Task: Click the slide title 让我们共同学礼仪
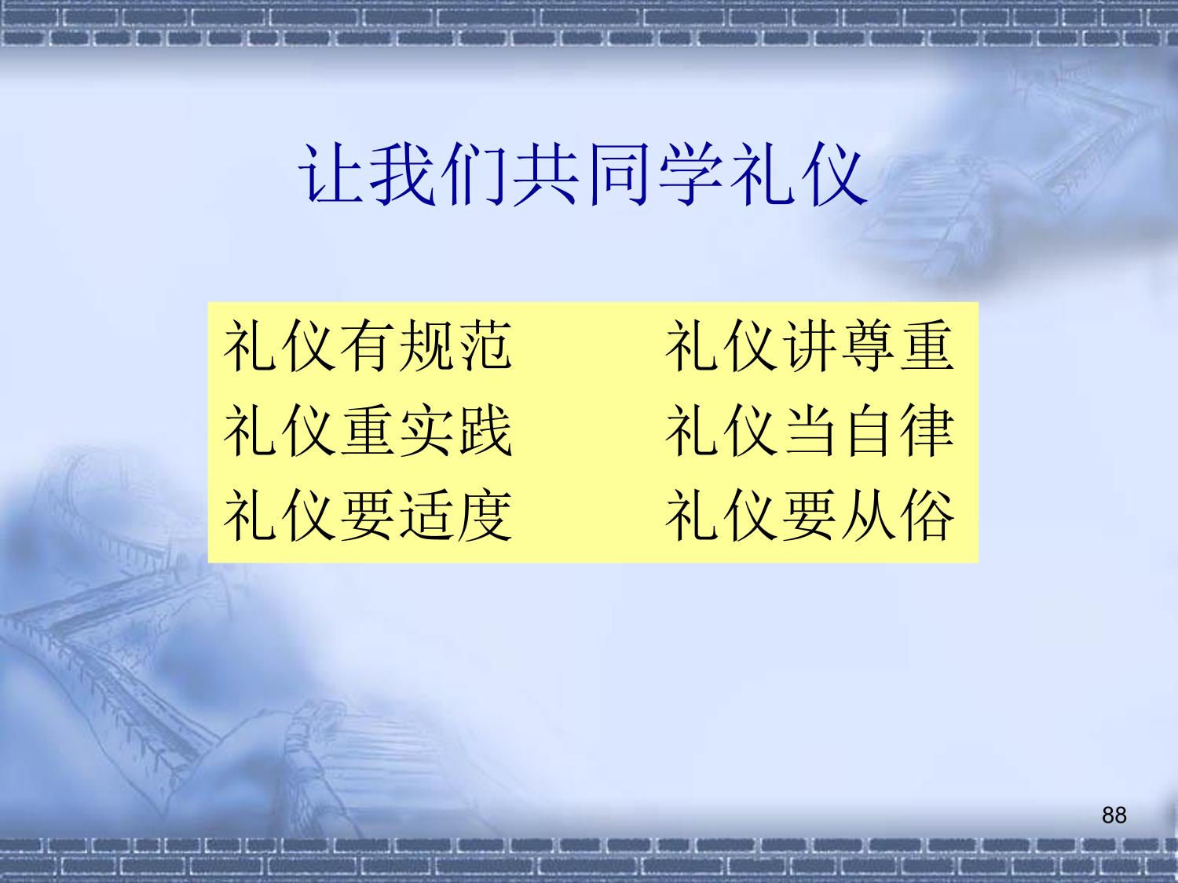pos(584,175)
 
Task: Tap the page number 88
pos(1114,815)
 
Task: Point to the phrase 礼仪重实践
pos(368,430)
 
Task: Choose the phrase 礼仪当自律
pos(810,430)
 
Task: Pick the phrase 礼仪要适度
pos(368,516)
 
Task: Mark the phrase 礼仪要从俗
pos(810,516)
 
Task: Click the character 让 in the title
pos(331,175)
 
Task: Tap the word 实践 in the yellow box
pos(455,430)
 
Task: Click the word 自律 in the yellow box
pos(898,430)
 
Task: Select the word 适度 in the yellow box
pos(455,516)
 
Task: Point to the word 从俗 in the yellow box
pos(898,516)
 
